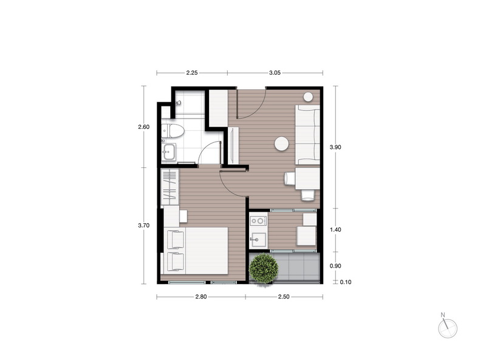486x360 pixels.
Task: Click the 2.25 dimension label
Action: click(x=192, y=73)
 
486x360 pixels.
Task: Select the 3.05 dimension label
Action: click(x=275, y=73)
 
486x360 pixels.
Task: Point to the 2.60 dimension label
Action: click(x=144, y=127)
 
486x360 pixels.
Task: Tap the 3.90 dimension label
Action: click(x=335, y=147)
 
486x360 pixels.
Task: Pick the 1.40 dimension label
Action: click(x=335, y=230)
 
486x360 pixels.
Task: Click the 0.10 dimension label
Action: click(x=346, y=282)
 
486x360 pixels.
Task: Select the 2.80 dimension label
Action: click(x=201, y=297)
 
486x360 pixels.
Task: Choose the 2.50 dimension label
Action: click(x=284, y=297)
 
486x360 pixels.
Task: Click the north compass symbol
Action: click(x=448, y=327)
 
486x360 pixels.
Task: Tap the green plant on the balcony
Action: click(x=264, y=268)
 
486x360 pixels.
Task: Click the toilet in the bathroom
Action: click(x=172, y=131)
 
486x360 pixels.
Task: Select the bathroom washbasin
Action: click(x=169, y=152)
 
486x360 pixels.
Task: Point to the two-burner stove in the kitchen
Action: click(x=259, y=221)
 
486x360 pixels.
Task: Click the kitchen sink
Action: click(x=259, y=239)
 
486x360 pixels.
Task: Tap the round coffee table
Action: click(x=282, y=144)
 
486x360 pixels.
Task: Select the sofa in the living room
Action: click(x=307, y=134)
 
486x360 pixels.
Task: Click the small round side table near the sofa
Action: click(x=308, y=97)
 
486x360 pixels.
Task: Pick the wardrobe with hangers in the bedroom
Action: click(x=170, y=187)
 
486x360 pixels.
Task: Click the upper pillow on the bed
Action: click(x=176, y=239)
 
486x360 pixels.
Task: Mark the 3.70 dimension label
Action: click(x=144, y=226)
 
